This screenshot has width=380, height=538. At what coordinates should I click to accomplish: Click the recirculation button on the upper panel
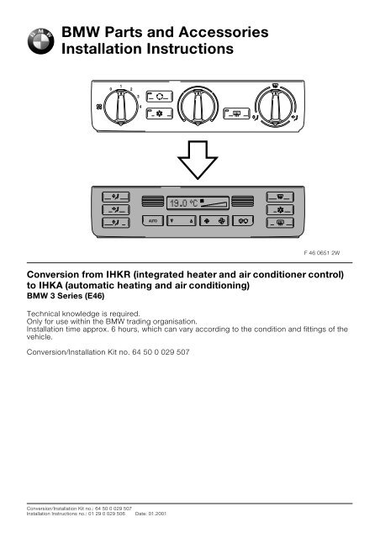click(156, 96)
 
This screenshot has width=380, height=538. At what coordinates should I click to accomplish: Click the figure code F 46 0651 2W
click(331, 251)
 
